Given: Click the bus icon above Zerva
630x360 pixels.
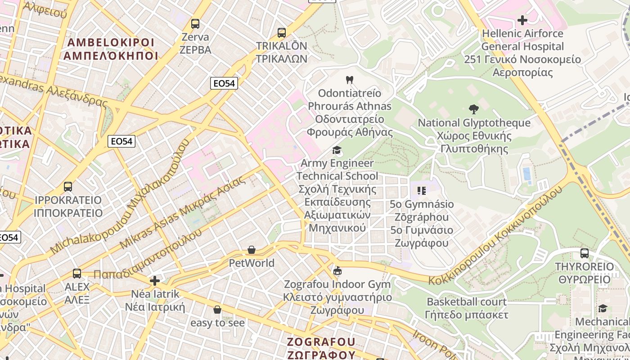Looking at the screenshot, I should coord(195,24).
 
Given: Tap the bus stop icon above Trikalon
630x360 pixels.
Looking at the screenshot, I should coord(281,32).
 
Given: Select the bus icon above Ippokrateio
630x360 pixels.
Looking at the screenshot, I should coord(68,186).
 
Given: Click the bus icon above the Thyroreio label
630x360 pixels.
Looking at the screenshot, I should coord(584,253).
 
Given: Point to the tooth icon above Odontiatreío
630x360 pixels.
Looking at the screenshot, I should coord(349,80).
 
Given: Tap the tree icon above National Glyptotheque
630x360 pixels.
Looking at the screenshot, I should coord(473,109).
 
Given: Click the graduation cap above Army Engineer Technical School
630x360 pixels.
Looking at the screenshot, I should coord(337,150).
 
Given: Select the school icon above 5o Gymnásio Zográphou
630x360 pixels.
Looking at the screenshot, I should coord(421,191).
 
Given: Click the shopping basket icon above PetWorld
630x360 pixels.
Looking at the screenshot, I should coord(252,250).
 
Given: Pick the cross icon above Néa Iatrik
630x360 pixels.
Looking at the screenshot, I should coord(155,281).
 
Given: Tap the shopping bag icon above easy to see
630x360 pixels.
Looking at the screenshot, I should coord(217,310).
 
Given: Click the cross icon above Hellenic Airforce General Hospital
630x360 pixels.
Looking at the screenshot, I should coord(522,20).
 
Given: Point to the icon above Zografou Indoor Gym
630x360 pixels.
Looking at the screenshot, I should coord(337,270).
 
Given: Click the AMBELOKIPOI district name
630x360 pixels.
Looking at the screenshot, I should coord(111,49).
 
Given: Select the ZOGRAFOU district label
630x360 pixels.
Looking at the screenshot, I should coord(321,348).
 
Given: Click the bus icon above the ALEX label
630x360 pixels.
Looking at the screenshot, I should coord(77,273).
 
